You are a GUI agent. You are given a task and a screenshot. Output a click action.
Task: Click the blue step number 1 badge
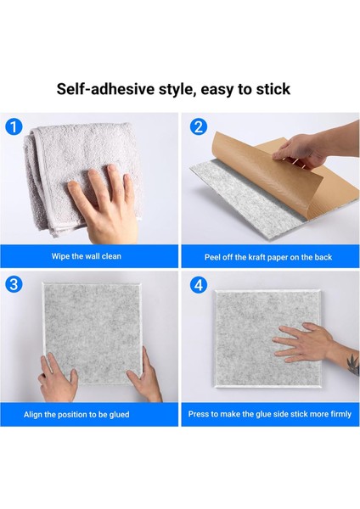pos(14,126)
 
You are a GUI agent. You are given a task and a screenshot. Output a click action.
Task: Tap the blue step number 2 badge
pos(198,127)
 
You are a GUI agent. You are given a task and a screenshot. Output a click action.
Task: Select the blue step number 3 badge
pos(14,284)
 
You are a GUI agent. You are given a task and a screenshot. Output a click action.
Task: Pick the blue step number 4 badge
pos(198,285)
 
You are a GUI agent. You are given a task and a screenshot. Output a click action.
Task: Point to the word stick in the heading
pos(273,89)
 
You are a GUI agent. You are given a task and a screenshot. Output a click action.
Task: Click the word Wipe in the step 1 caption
pos(60,256)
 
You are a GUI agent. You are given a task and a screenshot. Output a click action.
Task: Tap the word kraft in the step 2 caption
pos(257,257)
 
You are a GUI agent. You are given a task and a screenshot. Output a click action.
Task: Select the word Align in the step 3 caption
pos(33,415)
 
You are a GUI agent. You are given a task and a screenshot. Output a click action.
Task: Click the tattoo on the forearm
pos(353,364)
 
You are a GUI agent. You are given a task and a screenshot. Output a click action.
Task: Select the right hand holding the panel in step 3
pos(145,377)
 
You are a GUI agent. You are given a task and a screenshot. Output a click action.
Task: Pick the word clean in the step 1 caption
pos(111,256)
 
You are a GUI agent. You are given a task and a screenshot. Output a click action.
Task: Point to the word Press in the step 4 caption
pos(199,414)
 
